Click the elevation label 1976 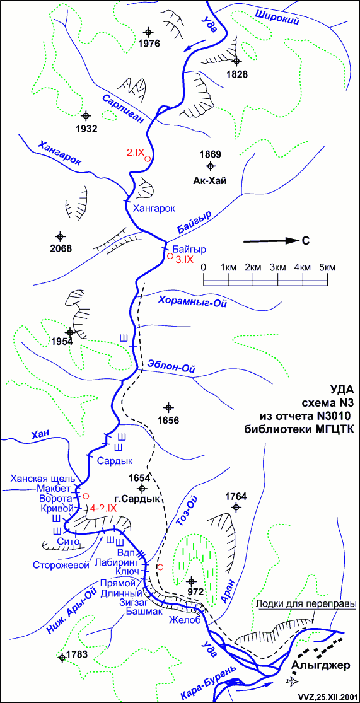149,44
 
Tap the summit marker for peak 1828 237,61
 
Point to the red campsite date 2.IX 135,153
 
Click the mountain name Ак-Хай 210,181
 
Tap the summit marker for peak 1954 69,332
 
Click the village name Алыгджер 321,666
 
